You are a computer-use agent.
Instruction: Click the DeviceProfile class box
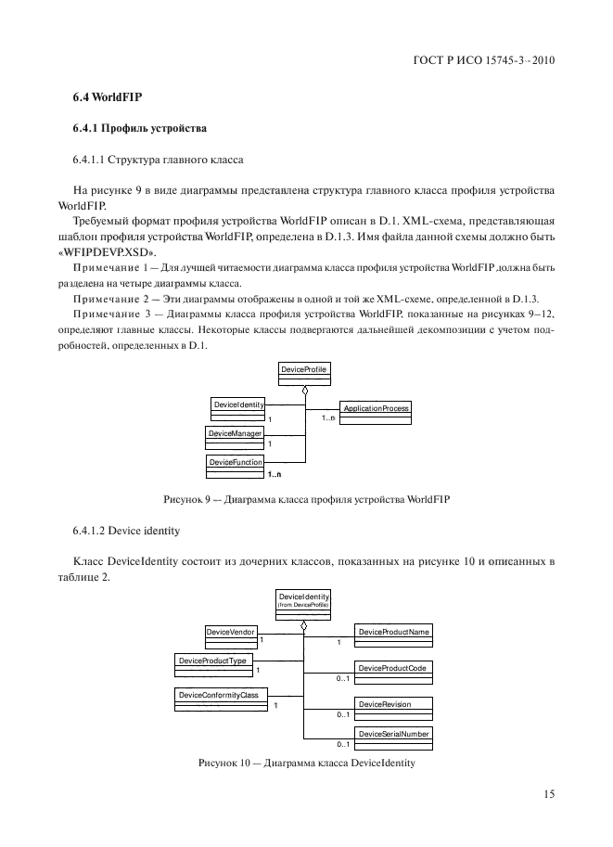(303, 373)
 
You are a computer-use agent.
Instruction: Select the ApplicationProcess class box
(375, 412)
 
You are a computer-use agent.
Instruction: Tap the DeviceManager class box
(236, 436)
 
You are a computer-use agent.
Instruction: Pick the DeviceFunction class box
(236, 464)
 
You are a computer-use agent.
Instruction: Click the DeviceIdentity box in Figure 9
(239, 408)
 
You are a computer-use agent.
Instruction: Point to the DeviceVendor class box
(230, 635)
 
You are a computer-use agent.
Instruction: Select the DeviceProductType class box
(212, 663)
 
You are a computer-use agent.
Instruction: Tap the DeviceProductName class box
(394, 635)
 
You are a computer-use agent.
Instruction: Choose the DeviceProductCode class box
(394, 671)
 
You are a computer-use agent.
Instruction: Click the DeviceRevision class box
(394, 707)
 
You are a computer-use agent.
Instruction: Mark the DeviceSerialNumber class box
(394, 737)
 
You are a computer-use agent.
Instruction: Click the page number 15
(548, 793)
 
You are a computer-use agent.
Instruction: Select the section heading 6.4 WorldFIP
(100, 97)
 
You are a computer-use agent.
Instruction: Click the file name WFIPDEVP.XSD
(108, 253)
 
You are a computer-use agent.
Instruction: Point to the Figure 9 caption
(306, 499)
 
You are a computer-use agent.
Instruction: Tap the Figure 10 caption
(306, 764)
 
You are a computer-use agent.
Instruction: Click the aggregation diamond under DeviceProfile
(304, 391)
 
